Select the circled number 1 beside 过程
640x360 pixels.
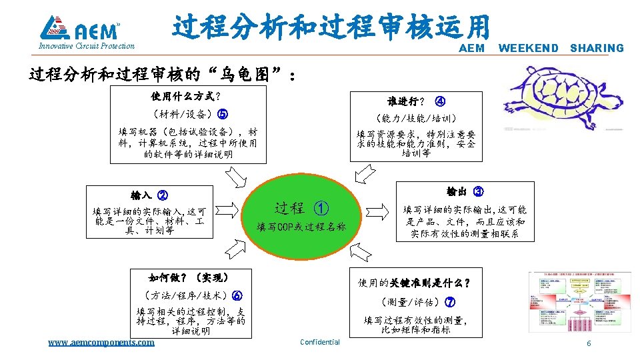click(321, 208)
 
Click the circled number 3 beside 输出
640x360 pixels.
click(478, 191)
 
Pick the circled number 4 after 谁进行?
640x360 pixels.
click(440, 102)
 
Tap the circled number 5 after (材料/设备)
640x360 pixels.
click(223, 113)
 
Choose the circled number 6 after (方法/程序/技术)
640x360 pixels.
click(237, 296)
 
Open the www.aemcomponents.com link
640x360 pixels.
click(101, 342)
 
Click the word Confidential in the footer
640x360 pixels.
click(320, 342)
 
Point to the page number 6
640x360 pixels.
click(588, 343)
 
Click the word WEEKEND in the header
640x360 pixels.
click(529, 48)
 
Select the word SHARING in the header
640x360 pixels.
click(597, 48)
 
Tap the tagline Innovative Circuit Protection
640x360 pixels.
click(87, 47)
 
